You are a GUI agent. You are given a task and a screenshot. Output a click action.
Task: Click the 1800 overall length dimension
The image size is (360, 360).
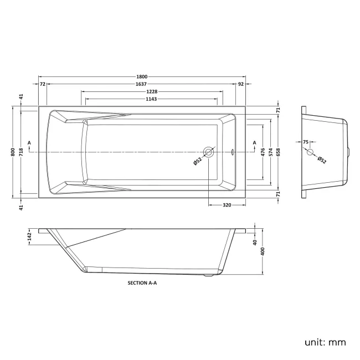142,76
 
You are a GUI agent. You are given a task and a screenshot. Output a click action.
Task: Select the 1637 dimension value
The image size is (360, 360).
141,84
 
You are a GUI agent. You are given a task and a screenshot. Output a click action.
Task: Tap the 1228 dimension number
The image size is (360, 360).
152,91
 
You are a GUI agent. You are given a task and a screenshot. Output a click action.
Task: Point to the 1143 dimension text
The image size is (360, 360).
151,99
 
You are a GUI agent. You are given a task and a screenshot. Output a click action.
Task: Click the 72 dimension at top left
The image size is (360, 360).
43,84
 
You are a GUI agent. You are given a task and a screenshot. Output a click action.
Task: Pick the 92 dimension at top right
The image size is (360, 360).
240,84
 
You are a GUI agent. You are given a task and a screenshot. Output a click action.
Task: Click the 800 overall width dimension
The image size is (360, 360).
13,152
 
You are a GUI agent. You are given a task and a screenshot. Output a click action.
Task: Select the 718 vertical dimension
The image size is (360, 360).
21,152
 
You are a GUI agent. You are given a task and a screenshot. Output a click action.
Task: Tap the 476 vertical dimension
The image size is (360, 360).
263,152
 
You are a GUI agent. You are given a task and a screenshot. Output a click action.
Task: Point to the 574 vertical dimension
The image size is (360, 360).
271,152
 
